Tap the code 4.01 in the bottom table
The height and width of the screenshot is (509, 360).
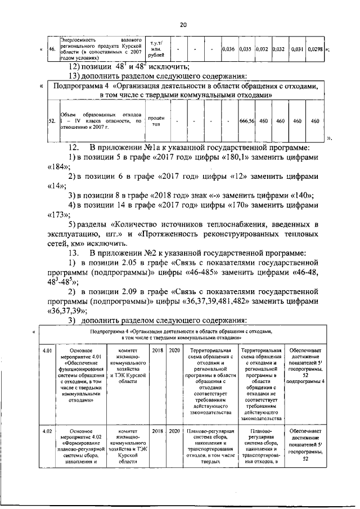tap(49, 351)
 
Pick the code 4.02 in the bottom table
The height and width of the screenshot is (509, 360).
tap(49, 431)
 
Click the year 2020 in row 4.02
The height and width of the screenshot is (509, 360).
tap(174, 431)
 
